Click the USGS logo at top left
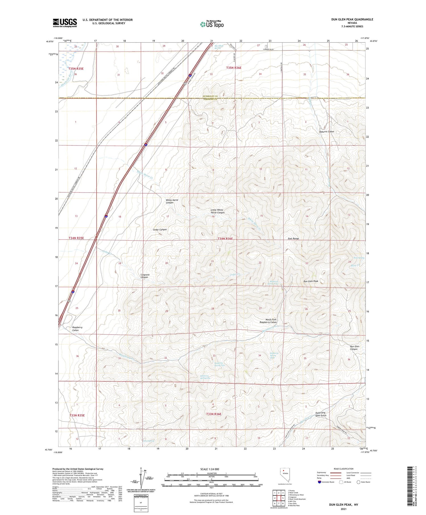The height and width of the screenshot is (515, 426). click(x=65, y=23)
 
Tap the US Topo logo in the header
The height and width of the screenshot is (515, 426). click(x=212, y=24)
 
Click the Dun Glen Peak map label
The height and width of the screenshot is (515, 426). click(x=310, y=281)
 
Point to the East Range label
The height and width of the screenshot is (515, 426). click(x=293, y=239)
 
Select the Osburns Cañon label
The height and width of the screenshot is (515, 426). click(x=327, y=132)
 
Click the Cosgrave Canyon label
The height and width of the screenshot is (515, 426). click(x=145, y=276)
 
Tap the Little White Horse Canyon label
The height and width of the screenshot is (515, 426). click(x=218, y=211)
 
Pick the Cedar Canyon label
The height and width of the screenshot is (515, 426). click(x=160, y=230)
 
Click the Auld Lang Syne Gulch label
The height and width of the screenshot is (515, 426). click(x=321, y=414)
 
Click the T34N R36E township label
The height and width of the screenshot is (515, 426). click(x=225, y=239)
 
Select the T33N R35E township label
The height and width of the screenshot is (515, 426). click(x=77, y=415)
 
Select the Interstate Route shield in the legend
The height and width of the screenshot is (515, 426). click(x=320, y=482)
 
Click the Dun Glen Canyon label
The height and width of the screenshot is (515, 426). click(x=354, y=348)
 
